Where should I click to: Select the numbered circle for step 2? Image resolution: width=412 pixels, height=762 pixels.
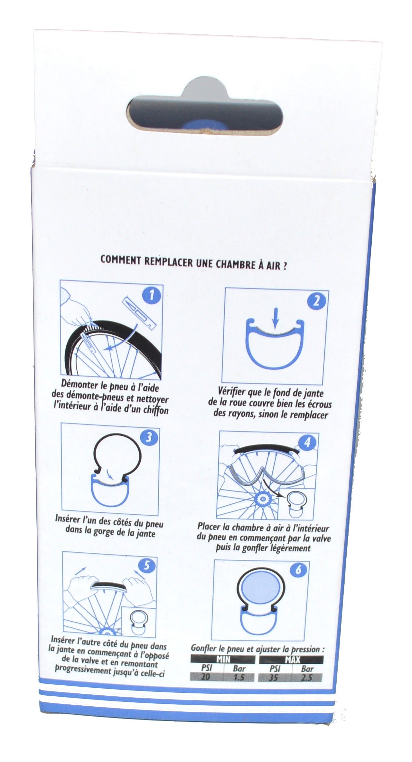tap(316, 300)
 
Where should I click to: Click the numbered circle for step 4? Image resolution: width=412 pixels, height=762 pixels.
tap(307, 443)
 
